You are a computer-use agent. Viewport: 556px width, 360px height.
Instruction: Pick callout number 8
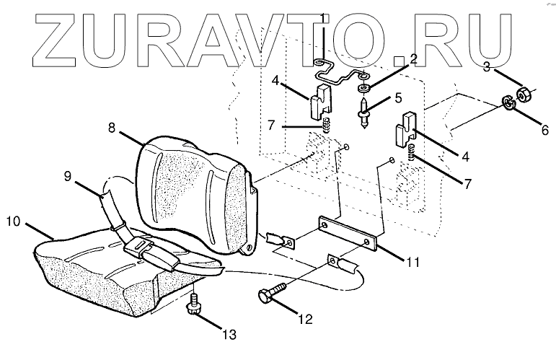click(112, 128)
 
